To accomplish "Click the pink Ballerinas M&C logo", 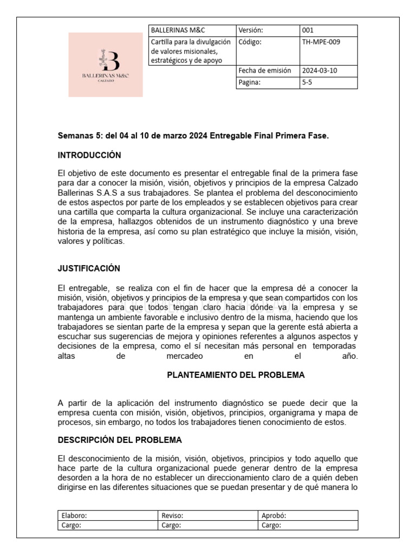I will tap(106, 64).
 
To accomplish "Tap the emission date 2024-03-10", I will tap(319, 70).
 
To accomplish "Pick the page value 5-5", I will tap(307, 82).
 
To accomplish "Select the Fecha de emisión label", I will tap(264, 70).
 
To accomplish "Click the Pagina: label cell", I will tap(250, 82).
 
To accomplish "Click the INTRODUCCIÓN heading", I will tap(89, 156).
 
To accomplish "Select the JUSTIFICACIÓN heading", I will tap(89, 269).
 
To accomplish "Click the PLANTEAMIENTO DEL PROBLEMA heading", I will tap(236, 375).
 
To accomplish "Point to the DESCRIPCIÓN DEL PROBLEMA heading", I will tap(120, 440).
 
